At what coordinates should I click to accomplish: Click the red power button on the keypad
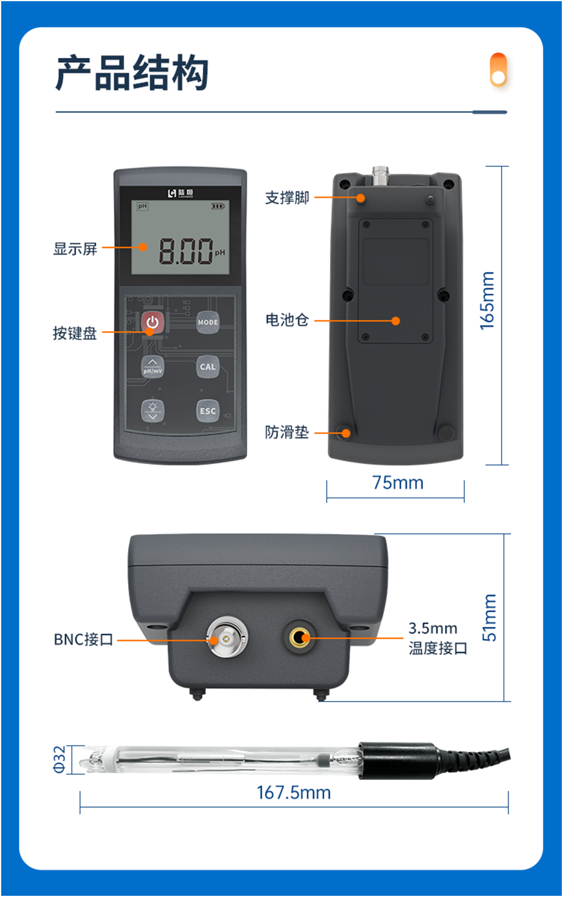(153, 322)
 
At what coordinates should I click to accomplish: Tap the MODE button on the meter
(208, 322)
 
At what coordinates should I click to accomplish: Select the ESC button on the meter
(208, 411)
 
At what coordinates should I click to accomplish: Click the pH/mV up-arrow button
(153, 366)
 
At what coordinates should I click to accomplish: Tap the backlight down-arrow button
(153, 411)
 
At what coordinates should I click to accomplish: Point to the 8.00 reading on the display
(186, 251)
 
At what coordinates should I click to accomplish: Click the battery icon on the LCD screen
(218, 206)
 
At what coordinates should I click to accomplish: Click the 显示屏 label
(75, 249)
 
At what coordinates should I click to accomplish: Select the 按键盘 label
(75, 333)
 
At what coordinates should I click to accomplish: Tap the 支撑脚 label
(287, 198)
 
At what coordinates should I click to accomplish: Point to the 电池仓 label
(287, 320)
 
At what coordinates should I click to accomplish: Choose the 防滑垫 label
(287, 432)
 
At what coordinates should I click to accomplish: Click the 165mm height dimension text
(487, 300)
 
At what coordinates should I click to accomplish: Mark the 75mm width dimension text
(397, 483)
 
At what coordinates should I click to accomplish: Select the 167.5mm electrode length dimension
(293, 792)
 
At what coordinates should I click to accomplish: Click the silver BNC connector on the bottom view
(227, 639)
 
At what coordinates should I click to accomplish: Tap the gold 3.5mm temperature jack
(299, 638)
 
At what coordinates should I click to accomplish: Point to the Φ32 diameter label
(60, 759)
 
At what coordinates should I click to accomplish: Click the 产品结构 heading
(132, 73)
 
